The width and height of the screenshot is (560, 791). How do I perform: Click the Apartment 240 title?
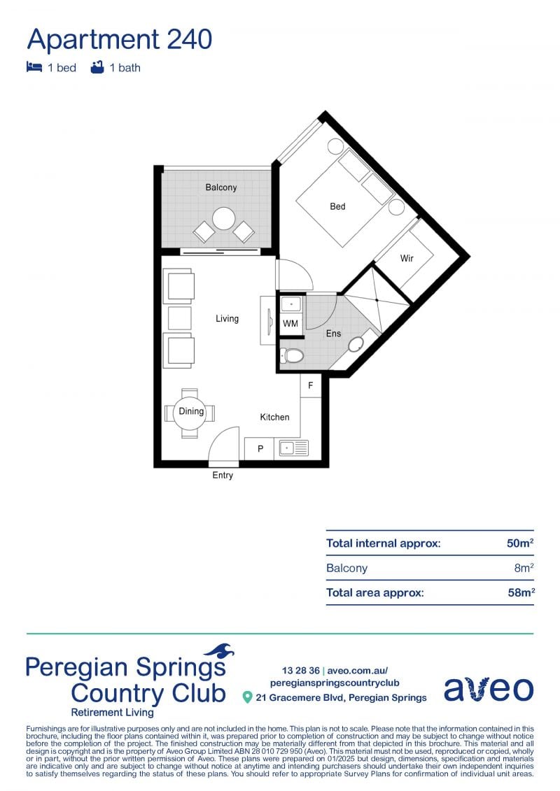click(119, 40)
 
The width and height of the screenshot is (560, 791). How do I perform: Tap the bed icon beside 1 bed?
click(34, 67)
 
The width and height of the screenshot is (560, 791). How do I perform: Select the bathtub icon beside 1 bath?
click(97, 67)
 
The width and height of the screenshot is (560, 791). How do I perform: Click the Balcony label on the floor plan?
click(221, 187)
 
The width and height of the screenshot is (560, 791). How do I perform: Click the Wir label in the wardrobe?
click(407, 258)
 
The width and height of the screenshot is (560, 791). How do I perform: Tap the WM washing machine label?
click(290, 323)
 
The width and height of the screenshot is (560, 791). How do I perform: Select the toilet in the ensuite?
click(293, 356)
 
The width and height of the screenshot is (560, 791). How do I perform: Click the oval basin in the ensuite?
click(356, 344)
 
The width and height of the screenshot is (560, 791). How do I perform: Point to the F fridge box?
click(311, 385)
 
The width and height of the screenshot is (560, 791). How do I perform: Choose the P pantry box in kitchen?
click(260, 448)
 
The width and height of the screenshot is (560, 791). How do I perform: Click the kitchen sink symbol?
click(293, 448)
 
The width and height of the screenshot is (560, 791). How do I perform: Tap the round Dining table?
click(191, 412)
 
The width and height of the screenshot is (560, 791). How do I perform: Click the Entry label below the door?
click(223, 475)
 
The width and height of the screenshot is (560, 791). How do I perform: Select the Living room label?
click(227, 318)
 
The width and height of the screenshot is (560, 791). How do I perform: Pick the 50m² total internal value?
click(520, 543)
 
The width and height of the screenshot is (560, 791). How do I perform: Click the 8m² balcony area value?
click(524, 567)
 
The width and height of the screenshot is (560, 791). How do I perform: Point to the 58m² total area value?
click(521, 592)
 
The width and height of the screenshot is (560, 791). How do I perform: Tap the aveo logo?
click(489, 688)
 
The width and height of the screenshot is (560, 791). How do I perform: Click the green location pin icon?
click(247, 697)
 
